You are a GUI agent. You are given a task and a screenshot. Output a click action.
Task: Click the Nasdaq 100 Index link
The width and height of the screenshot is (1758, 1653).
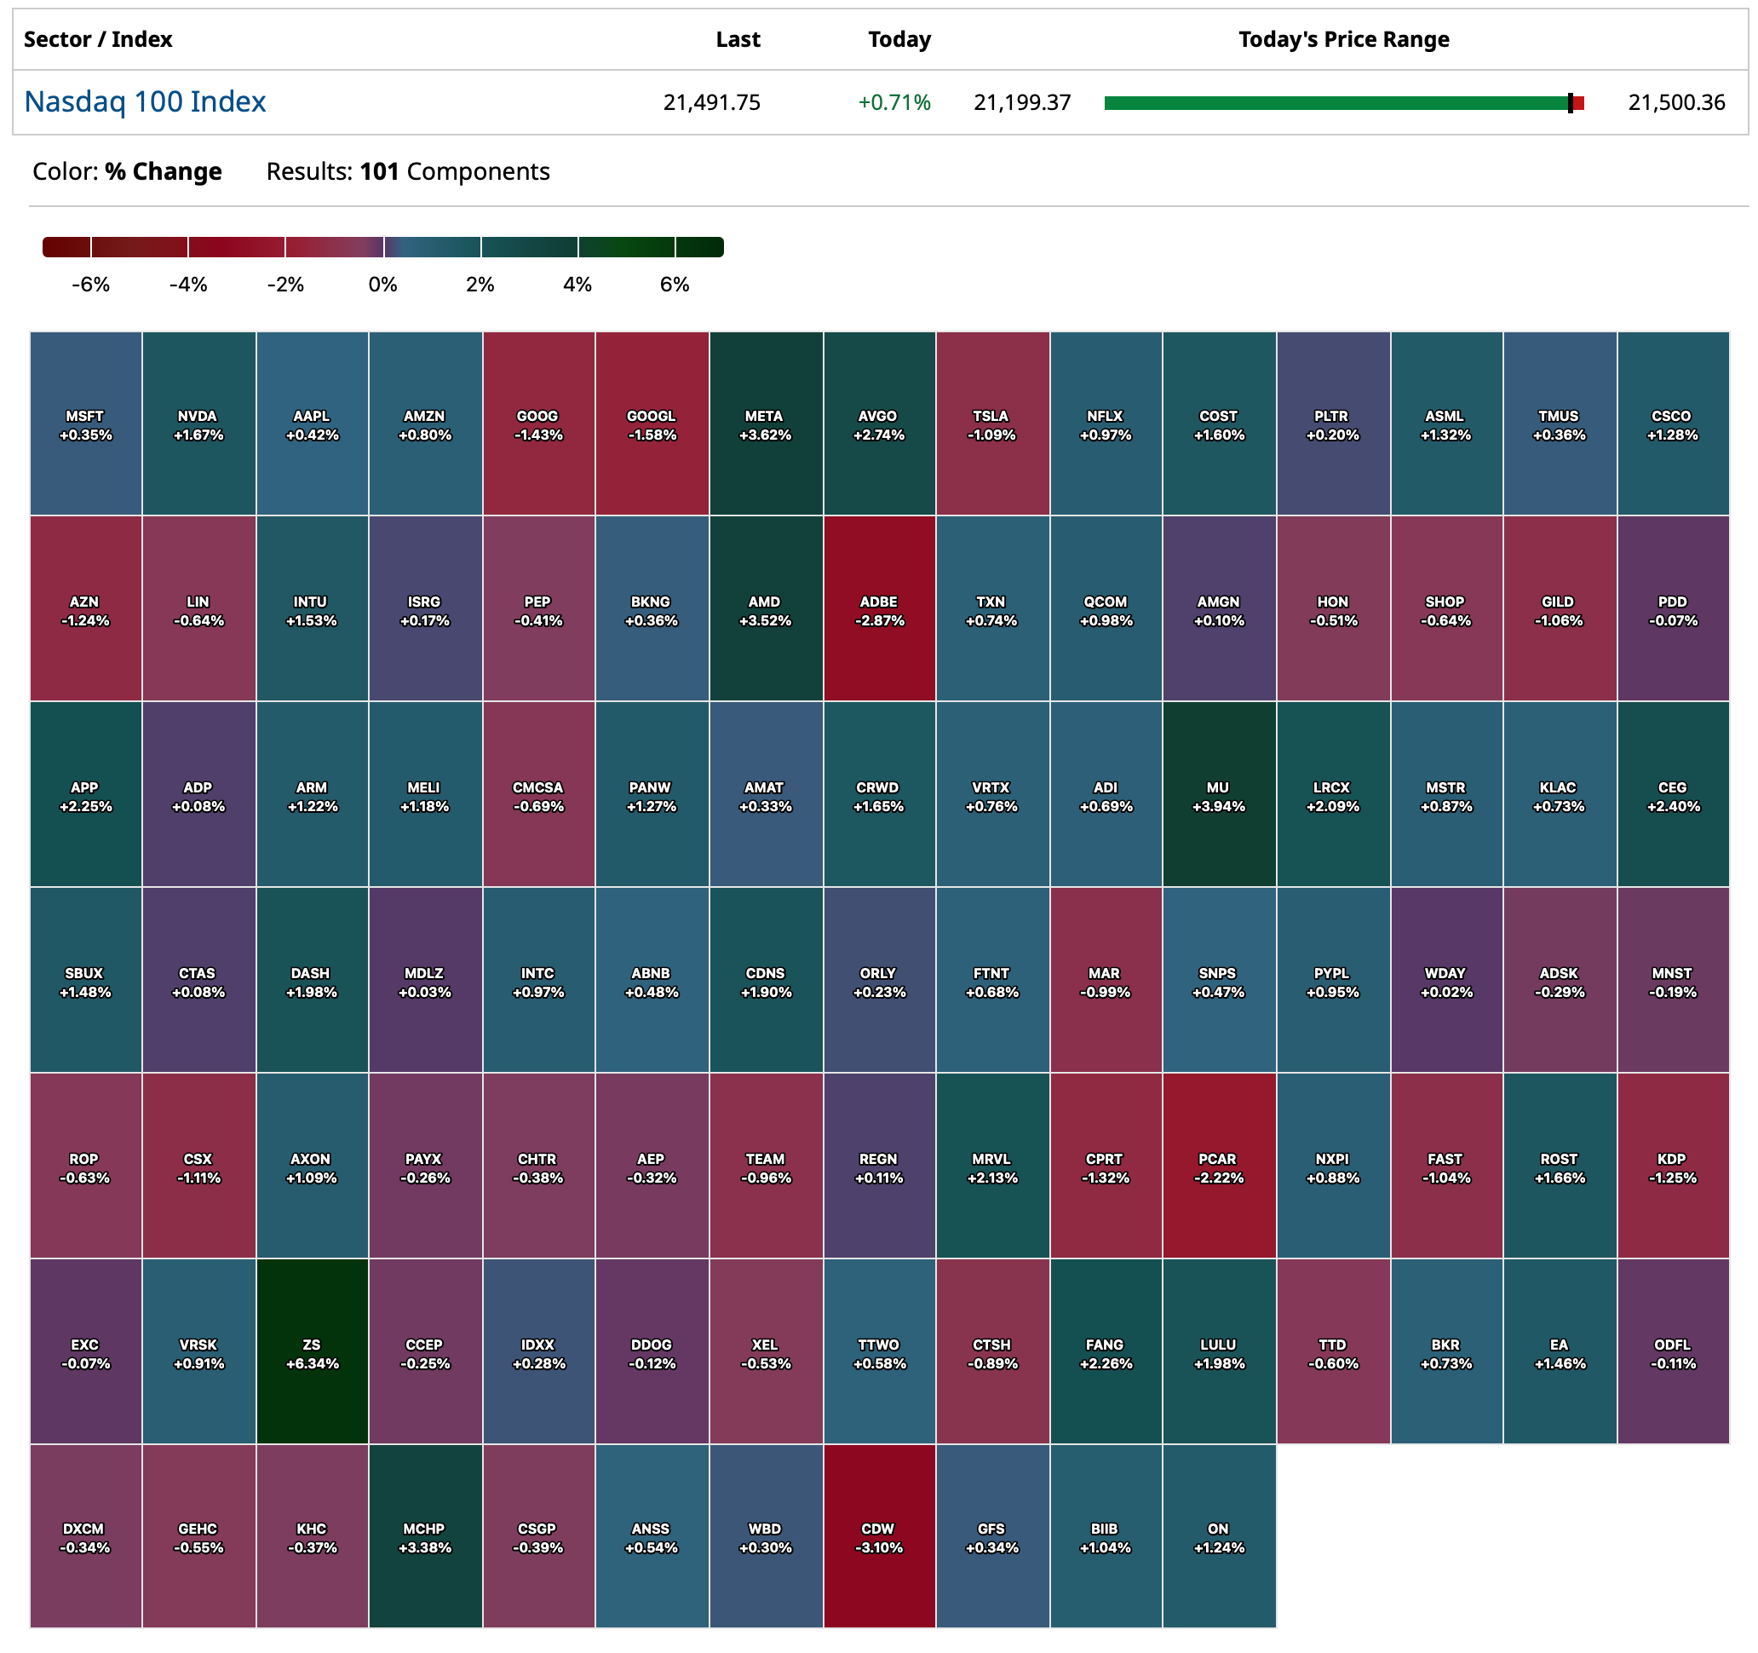tap(145, 101)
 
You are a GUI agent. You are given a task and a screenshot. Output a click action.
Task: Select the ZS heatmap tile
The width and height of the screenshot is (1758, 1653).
tap(312, 1351)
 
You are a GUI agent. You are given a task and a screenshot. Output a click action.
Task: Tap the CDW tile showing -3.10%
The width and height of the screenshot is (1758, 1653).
tap(879, 1536)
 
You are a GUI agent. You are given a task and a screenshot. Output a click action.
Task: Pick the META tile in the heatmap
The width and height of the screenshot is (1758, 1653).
tap(766, 423)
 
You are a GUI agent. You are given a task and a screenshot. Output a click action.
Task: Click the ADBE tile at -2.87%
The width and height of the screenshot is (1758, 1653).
tap(879, 609)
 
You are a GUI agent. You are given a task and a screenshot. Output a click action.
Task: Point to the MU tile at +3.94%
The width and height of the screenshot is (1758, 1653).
tap(1220, 795)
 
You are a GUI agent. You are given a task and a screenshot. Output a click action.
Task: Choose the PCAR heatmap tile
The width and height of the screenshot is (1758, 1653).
tap(1220, 1166)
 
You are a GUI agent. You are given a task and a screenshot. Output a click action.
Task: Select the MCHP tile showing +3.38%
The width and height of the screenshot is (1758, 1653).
tap(425, 1536)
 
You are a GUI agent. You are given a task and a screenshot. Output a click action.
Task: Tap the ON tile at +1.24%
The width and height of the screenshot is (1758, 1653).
tap(1220, 1536)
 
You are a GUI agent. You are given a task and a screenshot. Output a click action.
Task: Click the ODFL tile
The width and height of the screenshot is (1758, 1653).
tap(1673, 1351)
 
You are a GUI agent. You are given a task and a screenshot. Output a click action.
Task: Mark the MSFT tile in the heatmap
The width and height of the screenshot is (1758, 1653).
tap(86, 423)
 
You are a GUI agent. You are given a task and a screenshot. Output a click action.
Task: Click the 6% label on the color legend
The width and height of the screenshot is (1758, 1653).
tap(675, 285)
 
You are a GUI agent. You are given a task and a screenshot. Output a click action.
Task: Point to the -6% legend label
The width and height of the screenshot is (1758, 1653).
tap(91, 285)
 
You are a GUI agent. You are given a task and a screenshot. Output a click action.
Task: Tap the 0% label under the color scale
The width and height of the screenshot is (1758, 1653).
tap(383, 285)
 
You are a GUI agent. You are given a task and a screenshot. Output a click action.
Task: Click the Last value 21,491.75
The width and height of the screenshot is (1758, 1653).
tap(712, 102)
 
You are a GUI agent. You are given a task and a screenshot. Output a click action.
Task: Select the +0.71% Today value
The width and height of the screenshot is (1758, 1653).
tap(894, 102)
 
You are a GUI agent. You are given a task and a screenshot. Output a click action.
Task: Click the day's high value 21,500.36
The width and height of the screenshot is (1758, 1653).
tap(1676, 102)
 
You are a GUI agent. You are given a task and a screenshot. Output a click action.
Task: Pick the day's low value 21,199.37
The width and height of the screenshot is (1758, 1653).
tap(1022, 102)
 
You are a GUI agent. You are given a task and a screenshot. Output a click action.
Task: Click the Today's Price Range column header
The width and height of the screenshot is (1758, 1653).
tap(1343, 40)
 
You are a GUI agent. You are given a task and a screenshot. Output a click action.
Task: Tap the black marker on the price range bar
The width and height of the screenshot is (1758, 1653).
tap(1571, 103)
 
